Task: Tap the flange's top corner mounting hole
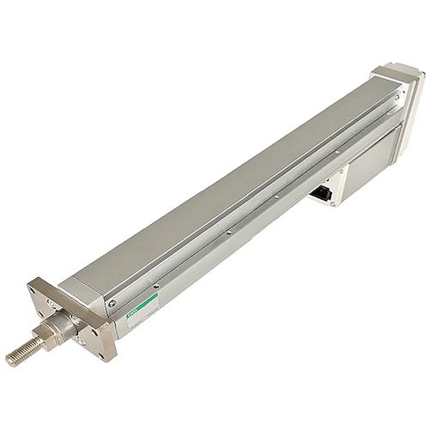[x=44, y=282]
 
